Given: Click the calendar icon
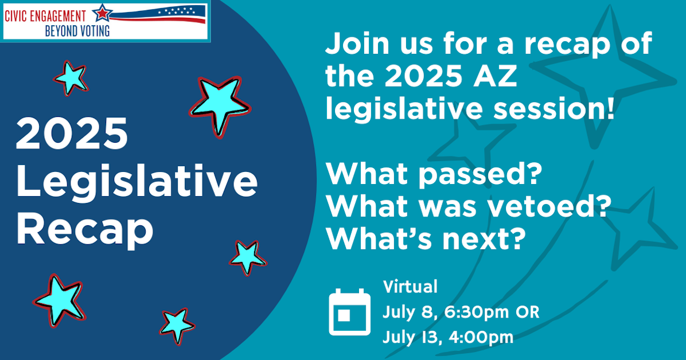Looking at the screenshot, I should (x=350, y=312).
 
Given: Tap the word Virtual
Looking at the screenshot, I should (x=410, y=287).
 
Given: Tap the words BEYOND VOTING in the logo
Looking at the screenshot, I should (x=77, y=30).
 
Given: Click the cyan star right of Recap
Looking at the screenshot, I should (x=248, y=256).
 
